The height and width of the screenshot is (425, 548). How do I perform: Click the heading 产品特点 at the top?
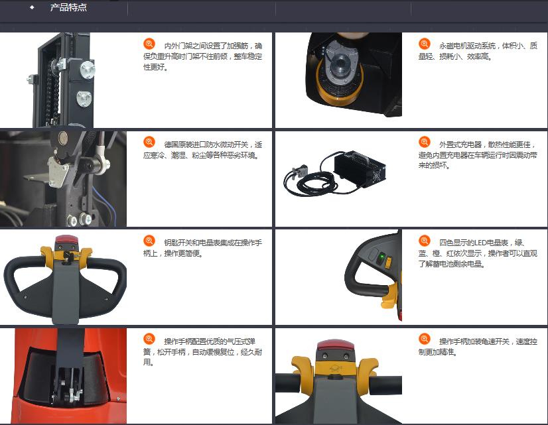tap(68, 7)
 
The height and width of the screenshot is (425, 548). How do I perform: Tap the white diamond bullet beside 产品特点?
tap(32, 7)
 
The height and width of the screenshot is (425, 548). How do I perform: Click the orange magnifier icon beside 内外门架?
tap(149, 44)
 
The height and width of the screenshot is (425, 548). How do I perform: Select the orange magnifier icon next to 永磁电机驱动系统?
tap(425, 44)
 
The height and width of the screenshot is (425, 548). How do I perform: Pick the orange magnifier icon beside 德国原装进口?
tap(149, 142)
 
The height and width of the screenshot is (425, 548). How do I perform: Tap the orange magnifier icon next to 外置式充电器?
tap(425, 142)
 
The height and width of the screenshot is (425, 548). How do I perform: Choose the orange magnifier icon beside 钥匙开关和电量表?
tap(149, 241)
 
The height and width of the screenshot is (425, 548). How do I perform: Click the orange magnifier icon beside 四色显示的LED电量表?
tap(425, 241)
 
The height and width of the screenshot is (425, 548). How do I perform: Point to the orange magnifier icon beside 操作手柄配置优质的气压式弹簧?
tap(149, 339)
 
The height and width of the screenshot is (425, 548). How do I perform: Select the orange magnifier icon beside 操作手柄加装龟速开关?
tap(425, 339)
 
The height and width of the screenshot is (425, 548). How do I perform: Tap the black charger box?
tap(360, 168)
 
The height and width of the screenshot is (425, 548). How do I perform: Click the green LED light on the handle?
tap(382, 258)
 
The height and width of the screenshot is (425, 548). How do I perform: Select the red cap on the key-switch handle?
tap(66, 240)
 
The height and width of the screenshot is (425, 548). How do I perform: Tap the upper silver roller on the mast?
tap(87, 69)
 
